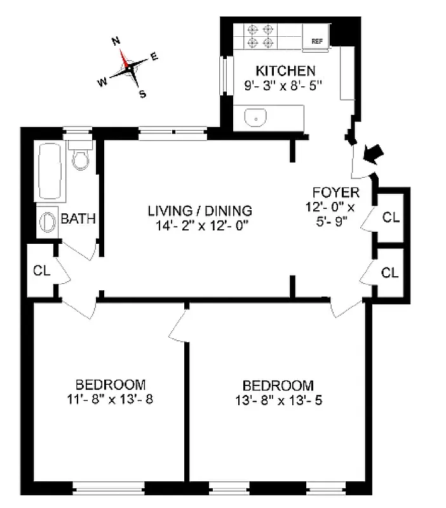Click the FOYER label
click(x=336, y=192)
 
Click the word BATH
click(x=78, y=219)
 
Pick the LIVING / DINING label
click(x=200, y=211)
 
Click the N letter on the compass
click(x=116, y=42)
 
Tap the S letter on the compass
click(x=142, y=94)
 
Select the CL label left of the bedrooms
click(x=42, y=271)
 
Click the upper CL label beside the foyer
click(x=391, y=217)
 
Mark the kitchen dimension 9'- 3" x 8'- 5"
click(x=285, y=84)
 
